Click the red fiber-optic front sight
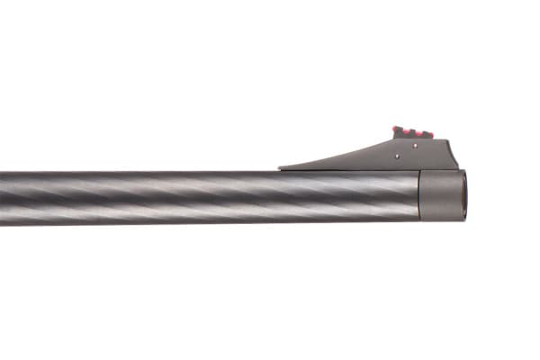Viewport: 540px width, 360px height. click(413, 132)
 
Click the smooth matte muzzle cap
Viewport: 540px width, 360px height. click(441, 195)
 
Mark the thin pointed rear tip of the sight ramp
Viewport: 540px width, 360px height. click(281, 167)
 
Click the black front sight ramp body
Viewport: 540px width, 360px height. click(423, 155)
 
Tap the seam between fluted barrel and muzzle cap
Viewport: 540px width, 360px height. click(420, 195)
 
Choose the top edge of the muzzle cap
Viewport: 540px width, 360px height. click(441, 171)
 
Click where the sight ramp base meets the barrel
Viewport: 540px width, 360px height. click(360, 170)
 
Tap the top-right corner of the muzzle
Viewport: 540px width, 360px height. click(463, 172)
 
